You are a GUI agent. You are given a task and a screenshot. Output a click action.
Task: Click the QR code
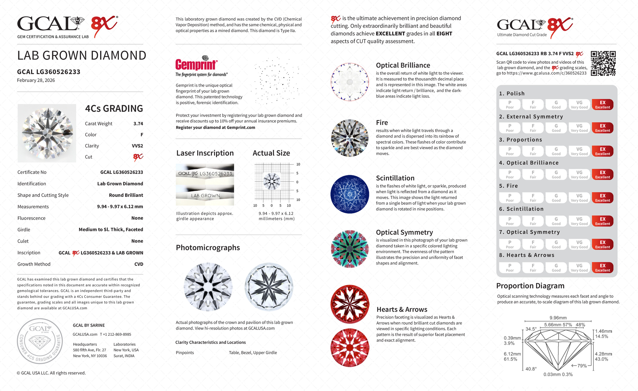click(x=603, y=63)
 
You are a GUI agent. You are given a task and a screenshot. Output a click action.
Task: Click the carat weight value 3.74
click(x=138, y=124)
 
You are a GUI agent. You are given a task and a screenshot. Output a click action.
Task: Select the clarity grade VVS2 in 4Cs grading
click(x=137, y=146)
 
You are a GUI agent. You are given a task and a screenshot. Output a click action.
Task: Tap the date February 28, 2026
click(x=36, y=81)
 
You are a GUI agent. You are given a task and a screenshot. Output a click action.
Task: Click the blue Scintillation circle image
click(x=350, y=194)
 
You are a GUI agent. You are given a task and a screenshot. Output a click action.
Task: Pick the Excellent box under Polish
click(x=602, y=105)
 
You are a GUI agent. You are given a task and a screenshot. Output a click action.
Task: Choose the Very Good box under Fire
click(x=579, y=198)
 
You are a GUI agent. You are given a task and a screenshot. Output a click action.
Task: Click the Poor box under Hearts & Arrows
click(x=510, y=268)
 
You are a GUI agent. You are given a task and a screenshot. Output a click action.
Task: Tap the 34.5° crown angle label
click(x=531, y=329)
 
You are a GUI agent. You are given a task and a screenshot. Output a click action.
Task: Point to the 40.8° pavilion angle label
click(x=531, y=369)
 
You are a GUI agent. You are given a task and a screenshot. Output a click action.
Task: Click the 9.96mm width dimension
click(x=558, y=318)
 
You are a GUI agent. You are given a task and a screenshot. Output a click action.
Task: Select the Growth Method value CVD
click(x=139, y=264)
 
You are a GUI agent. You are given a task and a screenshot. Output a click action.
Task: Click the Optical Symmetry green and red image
click(x=350, y=249)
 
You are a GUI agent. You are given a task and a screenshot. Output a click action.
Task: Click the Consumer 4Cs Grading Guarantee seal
click(x=40, y=341)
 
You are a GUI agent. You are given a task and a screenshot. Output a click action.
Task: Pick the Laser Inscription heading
click(x=205, y=153)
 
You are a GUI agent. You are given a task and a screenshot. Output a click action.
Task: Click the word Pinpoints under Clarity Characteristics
click(x=185, y=353)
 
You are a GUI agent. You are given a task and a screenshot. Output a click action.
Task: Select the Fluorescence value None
click(x=137, y=218)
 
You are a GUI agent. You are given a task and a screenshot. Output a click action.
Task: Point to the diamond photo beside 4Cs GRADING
click(x=47, y=133)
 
